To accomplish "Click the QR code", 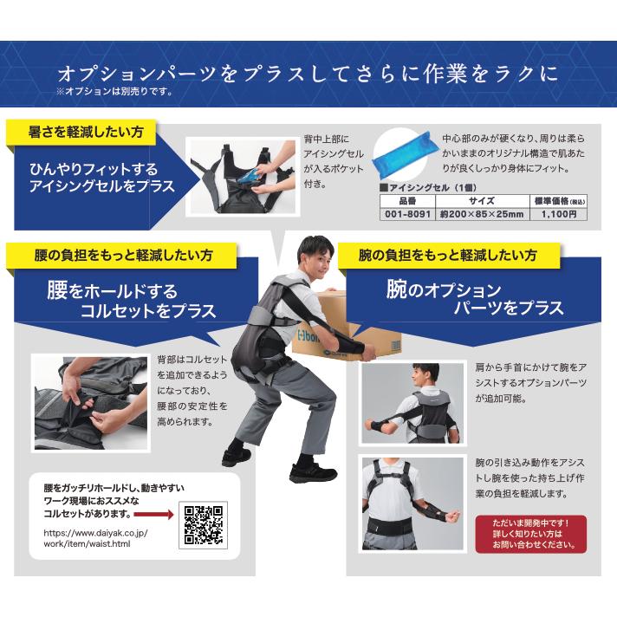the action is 204,525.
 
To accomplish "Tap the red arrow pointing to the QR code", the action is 154,514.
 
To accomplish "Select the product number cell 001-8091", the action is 407,214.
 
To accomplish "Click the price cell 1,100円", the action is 559,214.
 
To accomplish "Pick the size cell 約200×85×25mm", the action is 483,214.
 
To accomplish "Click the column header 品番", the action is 407,201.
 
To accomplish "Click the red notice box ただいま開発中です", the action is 531,534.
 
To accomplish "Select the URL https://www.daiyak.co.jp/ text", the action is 95,533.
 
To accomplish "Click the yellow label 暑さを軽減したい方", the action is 86,132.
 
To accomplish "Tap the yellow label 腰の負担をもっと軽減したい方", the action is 123,256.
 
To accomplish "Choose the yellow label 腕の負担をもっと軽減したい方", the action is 448,256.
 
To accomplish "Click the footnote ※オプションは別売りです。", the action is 115,92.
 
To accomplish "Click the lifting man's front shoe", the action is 313,473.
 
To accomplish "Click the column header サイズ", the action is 482,201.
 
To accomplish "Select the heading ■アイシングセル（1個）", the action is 428,188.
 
